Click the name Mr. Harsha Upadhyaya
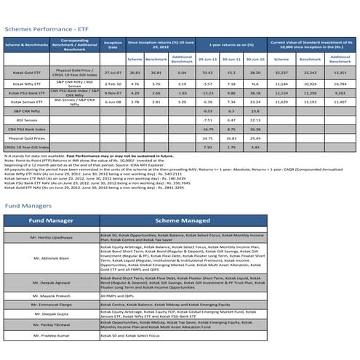point(52,238)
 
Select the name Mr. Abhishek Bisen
point(52,258)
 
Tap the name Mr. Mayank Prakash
point(52,296)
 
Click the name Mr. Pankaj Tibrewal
point(52,326)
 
